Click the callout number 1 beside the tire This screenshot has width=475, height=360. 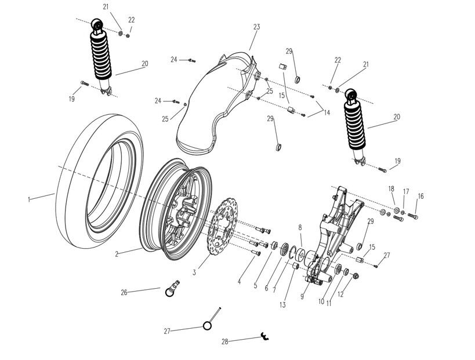(x=29, y=199)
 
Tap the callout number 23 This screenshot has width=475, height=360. (x=257, y=27)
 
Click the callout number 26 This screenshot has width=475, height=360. (x=124, y=292)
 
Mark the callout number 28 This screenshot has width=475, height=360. (x=225, y=341)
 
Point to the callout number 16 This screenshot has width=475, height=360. (x=420, y=197)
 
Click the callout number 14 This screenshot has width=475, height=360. (x=327, y=112)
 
